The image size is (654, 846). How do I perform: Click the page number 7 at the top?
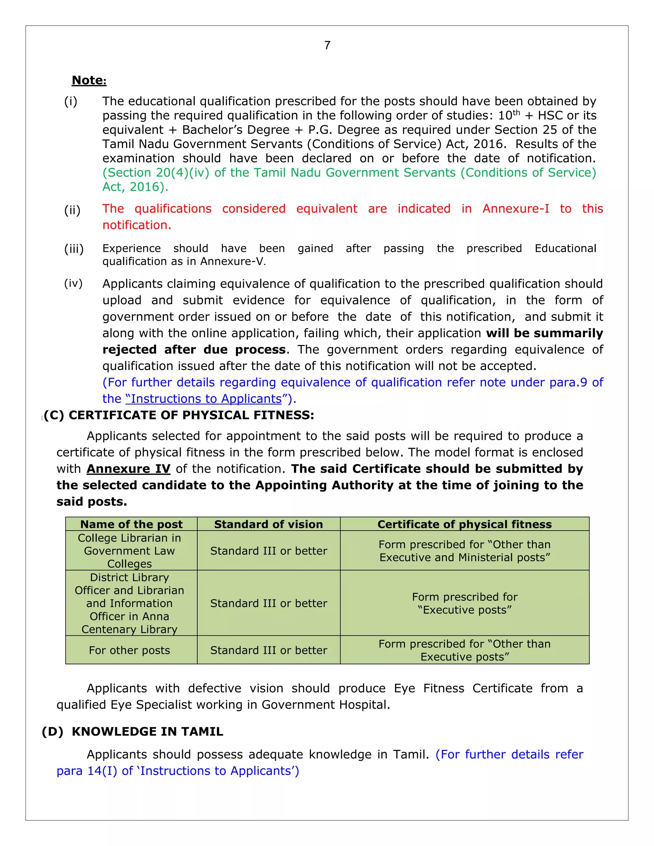point(327,45)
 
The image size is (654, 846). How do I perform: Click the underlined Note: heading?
point(89,80)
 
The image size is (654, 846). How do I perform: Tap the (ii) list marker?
point(72,210)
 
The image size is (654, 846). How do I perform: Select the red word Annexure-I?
point(515,209)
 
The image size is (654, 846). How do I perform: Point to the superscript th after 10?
point(516,112)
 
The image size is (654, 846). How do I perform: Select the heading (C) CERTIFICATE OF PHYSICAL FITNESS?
point(179,415)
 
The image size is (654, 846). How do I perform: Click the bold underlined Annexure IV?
point(128,469)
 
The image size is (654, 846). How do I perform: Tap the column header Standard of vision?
point(268,524)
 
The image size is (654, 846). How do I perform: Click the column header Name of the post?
point(131,524)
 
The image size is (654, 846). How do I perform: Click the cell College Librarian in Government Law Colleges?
point(129,550)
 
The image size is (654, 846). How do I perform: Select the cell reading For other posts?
point(129,650)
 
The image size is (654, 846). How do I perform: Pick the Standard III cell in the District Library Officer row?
point(268,603)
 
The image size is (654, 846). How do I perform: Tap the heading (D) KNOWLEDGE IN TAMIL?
point(132,731)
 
